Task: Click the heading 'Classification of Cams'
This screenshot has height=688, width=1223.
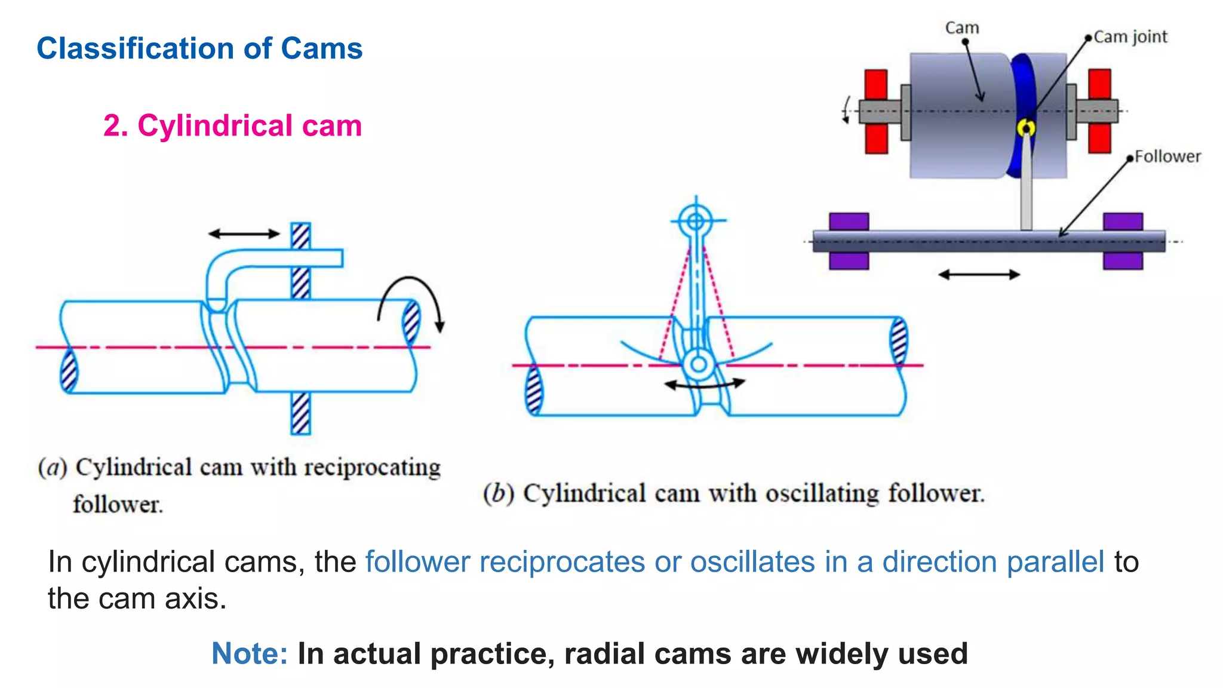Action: pyautogui.click(x=199, y=48)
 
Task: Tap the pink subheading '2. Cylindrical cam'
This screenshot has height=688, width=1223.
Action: pyautogui.click(x=232, y=126)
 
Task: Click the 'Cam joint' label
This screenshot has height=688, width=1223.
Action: pyautogui.click(x=1130, y=37)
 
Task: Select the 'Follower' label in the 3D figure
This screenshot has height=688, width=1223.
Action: pyautogui.click(x=1167, y=156)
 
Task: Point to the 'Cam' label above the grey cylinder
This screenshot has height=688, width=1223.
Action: pyautogui.click(x=962, y=28)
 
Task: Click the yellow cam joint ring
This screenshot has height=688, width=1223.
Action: pyautogui.click(x=1026, y=128)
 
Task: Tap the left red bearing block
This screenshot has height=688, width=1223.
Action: pyautogui.click(x=876, y=112)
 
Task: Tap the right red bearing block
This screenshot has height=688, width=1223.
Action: pyautogui.click(x=1099, y=111)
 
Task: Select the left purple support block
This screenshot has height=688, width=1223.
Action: pyautogui.click(x=849, y=241)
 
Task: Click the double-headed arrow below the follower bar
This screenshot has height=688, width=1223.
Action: pyautogui.click(x=979, y=275)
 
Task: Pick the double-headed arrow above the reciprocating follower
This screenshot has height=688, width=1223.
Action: pyautogui.click(x=244, y=234)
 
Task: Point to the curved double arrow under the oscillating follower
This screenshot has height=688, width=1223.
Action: pyautogui.click(x=705, y=385)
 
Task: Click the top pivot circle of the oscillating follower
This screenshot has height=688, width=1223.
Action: pyautogui.click(x=696, y=222)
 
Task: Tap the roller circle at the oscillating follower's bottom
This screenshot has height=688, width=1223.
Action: pyautogui.click(x=698, y=364)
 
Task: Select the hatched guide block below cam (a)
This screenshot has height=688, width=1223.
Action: pyautogui.click(x=300, y=413)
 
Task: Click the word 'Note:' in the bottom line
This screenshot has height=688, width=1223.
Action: pyautogui.click(x=250, y=653)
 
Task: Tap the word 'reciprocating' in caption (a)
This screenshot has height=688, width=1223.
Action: pyautogui.click(x=372, y=468)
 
